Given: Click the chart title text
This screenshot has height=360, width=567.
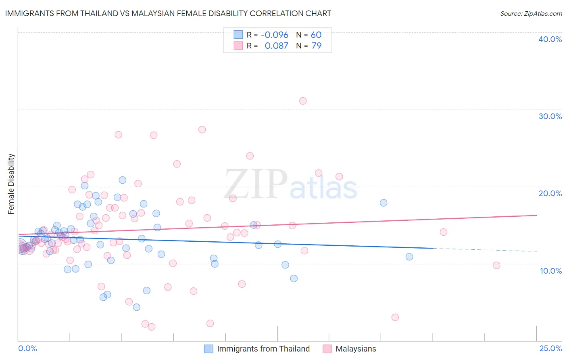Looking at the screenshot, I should click(168, 13).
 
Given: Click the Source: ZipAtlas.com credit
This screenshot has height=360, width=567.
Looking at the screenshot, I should click(531, 13).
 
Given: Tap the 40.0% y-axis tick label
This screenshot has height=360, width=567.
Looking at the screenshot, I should click(550, 39).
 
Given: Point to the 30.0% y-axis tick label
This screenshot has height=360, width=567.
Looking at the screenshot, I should click(550, 116).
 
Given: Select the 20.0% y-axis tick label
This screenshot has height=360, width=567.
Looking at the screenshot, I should click(550, 193).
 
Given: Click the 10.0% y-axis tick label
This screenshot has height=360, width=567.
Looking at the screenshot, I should click(551, 271).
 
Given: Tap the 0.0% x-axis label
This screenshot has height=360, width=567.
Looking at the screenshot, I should click(27, 348).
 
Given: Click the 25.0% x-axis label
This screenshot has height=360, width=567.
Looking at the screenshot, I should click(550, 348).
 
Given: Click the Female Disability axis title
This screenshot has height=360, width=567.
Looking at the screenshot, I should click(11, 184).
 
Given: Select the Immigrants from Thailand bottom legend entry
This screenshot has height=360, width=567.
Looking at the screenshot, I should click(263, 349).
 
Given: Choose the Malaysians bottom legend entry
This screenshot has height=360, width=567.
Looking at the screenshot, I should click(356, 349).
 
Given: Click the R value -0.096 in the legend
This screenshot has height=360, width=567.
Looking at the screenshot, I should click(275, 35).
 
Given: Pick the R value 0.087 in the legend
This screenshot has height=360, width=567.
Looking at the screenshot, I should click(276, 46).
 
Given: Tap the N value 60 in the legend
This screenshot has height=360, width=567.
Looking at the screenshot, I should click(316, 35).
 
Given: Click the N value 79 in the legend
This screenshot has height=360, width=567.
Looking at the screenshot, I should click(317, 46).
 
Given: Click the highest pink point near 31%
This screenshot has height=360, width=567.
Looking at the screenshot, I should click(303, 101).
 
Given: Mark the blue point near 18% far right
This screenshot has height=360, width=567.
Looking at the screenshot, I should click(384, 203).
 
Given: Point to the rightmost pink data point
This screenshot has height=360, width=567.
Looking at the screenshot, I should click(496, 265).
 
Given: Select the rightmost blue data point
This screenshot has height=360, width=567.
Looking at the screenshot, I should click(409, 257).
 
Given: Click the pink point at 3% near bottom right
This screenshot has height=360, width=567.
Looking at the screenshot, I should click(395, 317).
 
